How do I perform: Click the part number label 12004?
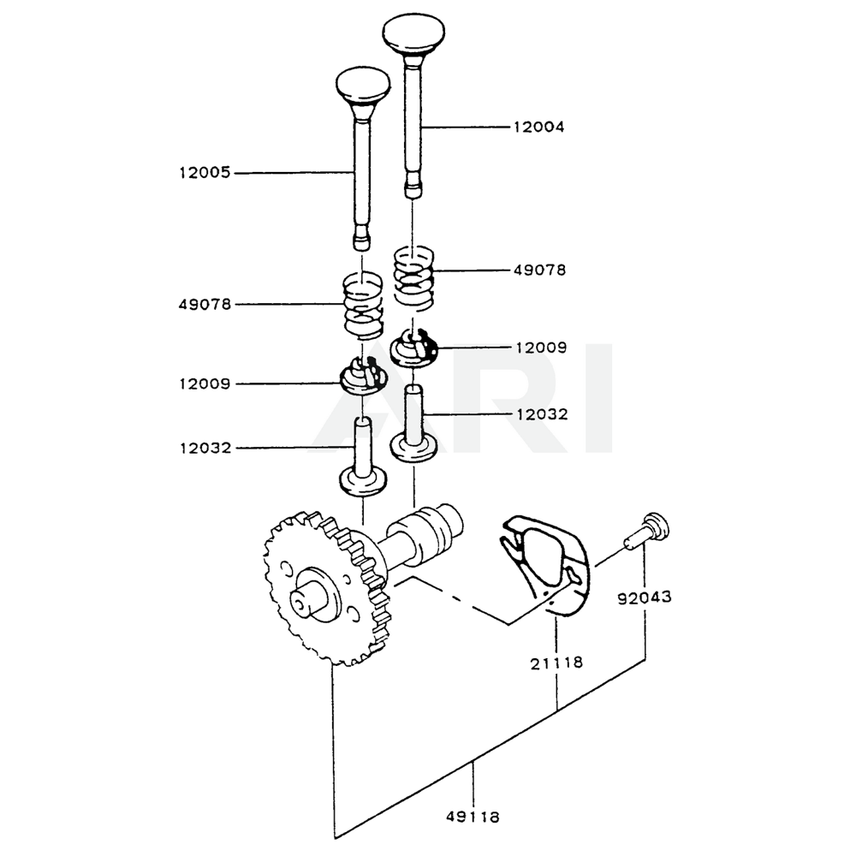538,128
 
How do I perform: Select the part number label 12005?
204,173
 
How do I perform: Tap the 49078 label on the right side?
538,270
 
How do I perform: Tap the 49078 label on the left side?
204,304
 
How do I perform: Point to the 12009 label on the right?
538,348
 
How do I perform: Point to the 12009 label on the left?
204,384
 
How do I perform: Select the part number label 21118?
556,662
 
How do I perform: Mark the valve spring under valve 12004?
414,276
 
